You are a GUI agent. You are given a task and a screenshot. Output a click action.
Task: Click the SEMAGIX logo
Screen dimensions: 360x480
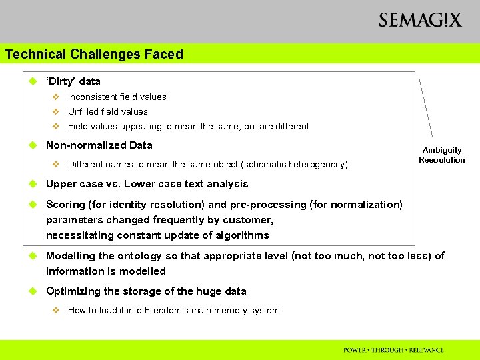420,20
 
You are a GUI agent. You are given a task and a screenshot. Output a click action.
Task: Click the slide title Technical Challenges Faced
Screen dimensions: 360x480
94,54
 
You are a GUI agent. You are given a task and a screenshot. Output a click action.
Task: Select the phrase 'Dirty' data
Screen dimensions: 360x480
73,81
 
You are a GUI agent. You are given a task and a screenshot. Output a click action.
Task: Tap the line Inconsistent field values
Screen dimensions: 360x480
117,97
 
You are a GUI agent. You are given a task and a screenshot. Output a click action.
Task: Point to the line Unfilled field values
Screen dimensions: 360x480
108,111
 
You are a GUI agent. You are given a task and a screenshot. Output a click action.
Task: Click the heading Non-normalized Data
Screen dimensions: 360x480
99,145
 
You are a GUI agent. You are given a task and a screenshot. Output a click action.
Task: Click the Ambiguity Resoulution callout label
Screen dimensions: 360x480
442,155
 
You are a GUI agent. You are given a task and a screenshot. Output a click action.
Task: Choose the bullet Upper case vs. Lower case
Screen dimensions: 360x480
147,184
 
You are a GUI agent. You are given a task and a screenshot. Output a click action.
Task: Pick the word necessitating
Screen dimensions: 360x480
77,235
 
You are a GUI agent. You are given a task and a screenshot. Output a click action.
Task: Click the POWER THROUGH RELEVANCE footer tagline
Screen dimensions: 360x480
393,350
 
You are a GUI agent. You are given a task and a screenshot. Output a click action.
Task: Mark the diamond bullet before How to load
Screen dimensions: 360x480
56,310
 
